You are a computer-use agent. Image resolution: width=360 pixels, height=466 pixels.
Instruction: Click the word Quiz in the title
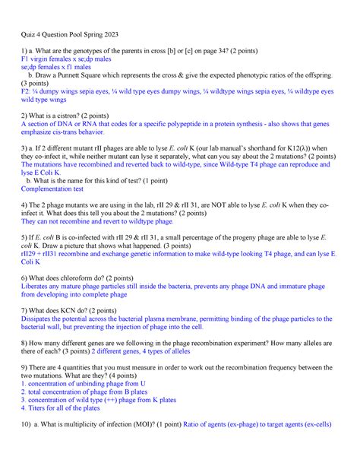[29, 34]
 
